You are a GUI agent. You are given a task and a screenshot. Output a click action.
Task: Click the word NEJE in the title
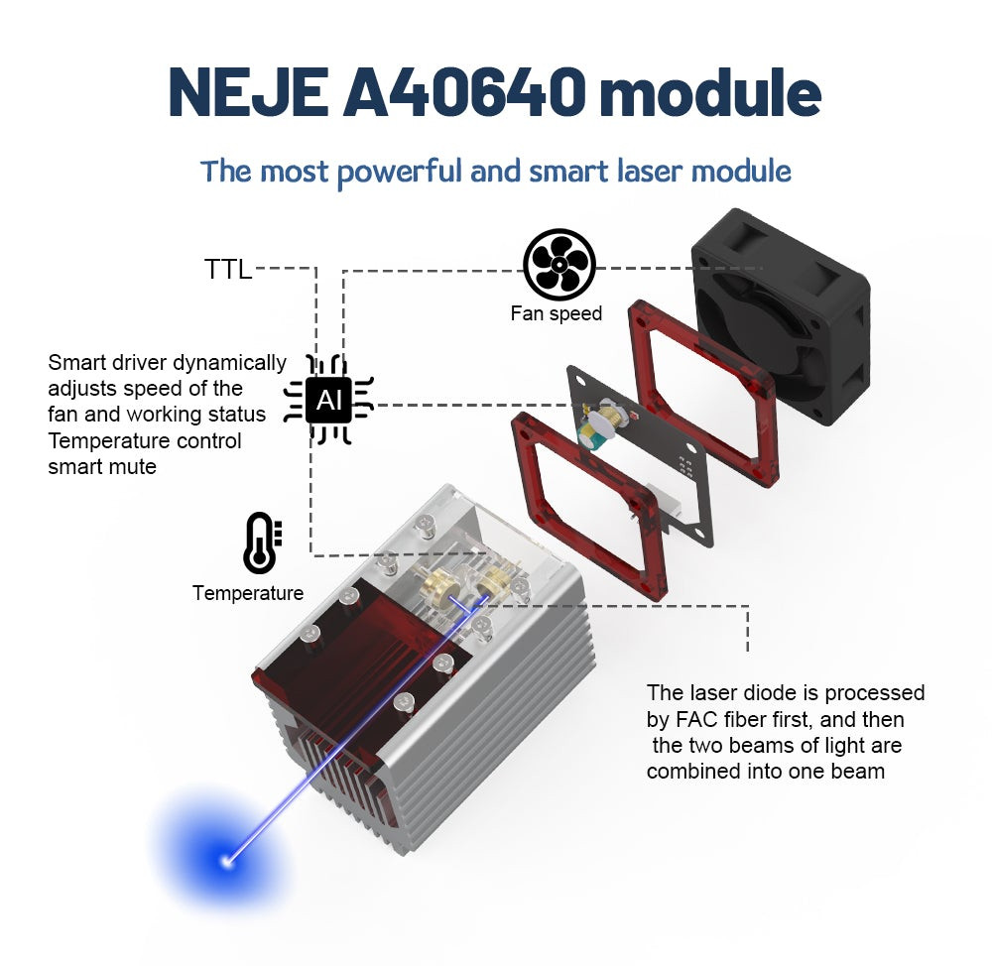click(247, 93)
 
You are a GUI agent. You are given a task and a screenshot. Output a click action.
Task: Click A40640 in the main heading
click(464, 93)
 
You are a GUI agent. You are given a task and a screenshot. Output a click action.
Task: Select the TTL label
click(228, 270)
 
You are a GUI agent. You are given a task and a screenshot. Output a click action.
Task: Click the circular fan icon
click(559, 265)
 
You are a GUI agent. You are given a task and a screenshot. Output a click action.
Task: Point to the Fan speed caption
click(557, 313)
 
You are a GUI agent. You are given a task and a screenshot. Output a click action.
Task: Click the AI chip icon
click(328, 400)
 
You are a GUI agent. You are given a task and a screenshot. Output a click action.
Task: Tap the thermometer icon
click(262, 543)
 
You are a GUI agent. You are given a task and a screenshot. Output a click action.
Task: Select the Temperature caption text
click(248, 593)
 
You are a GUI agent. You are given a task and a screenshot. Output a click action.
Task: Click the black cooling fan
click(782, 316)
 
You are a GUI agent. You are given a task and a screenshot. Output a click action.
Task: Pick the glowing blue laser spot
click(226, 860)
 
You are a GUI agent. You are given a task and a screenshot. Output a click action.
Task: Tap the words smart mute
click(102, 467)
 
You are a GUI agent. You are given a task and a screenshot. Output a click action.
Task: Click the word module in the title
click(710, 93)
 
